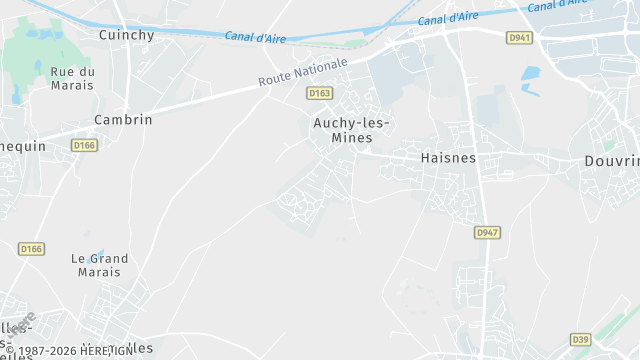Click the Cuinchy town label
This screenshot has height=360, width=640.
click(126, 34)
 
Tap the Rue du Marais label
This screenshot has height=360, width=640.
click(72, 78)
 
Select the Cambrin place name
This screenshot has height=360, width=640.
click(123, 119)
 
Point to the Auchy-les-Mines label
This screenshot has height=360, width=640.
click(349, 130)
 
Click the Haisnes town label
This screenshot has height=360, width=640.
click(448, 158)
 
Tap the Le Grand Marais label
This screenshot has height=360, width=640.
click(100, 265)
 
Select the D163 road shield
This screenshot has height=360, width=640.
click(319, 93)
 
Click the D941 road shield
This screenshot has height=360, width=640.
click(520, 38)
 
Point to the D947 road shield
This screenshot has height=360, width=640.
click(486, 233)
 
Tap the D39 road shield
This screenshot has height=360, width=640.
click(580, 339)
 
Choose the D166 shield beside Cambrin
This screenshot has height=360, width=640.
click(84, 145)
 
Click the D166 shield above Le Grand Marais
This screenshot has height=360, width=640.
click(31, 249)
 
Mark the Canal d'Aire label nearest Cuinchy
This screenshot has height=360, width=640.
click(254, 37)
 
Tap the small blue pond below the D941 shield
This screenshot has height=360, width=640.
click(530, 74)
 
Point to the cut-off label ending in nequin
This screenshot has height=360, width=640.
click(23, 145)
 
